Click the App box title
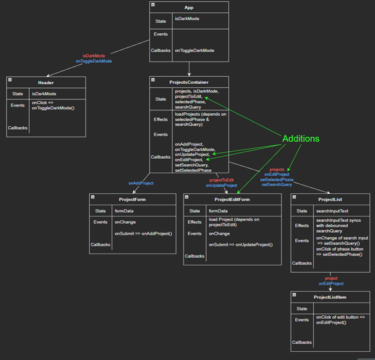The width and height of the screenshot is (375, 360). click(189, 7)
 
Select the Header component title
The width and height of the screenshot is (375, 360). click(46, 82)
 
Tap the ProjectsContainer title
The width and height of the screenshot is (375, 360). click(189, 82)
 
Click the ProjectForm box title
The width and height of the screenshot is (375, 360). click(132, 199)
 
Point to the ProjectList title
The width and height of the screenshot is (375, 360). click(330, 199)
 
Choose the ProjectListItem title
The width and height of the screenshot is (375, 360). click(330, 297)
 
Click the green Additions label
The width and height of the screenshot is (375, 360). click(301, 139)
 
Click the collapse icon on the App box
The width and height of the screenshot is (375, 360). click(153, 5)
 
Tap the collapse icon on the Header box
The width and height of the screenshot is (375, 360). click(10, 80)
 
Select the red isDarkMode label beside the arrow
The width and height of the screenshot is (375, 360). click(94, 56)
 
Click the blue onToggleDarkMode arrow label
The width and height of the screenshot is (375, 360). click(94, 61)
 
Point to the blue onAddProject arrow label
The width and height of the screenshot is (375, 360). click(141, 183)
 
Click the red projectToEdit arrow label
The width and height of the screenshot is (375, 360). click(221, 180)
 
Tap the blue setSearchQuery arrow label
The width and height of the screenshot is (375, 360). click(277, 184)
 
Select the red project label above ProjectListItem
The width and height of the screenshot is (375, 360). click(331, 278)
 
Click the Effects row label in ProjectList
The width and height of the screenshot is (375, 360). click(302, 226)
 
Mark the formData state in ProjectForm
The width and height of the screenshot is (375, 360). click(123, 211)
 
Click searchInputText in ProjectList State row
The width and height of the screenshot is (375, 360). click(332, 211)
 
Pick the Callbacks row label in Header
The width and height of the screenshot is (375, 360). click(17, 127)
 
